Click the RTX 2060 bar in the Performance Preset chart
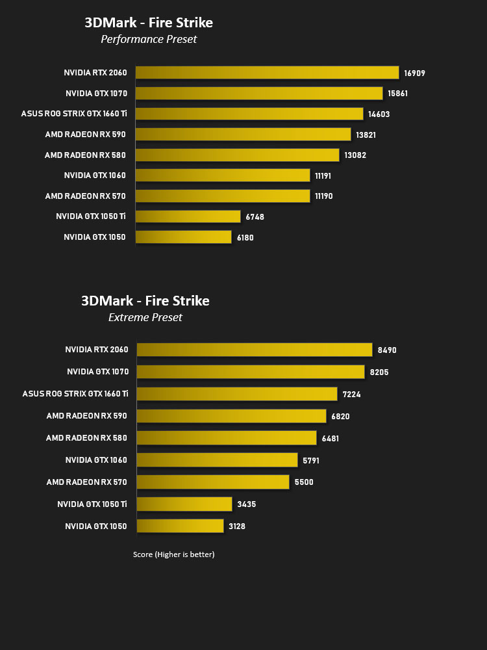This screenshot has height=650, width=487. pyautogui.click(x=267, y=73)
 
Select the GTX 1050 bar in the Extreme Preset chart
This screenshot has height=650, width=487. pyautogui.click(x=180, y=526)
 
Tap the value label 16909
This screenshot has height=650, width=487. pyautogui.click(x=414, y=73)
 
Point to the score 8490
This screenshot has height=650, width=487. pyautogui.click(x=387, y=350)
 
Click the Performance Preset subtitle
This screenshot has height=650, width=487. pyautogui.click(x=149, y=39)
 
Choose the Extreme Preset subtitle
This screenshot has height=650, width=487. pyautogui.click(x=145, y=317)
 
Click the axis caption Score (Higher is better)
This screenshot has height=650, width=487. pyautogui.click(x=173, y=554)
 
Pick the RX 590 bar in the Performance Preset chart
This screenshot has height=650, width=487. pyautogui.click(x=243, y=135)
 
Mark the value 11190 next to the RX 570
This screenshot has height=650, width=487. pyautogui.click(x=324, y=196)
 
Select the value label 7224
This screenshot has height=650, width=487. pyautogui.click(x=351, y=395)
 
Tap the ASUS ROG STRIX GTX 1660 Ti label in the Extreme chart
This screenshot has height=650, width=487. pyautogui.click(x=75, y=393)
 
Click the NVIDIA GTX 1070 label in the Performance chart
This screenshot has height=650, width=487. pyautogui.click(x=97, y=93)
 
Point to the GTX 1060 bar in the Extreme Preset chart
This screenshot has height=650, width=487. pyautogui.click(x=217, y=460)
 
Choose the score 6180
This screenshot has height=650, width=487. pyautogui.click(x=245, y=237)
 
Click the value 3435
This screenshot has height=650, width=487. pyautogui.click(x=246, y=504)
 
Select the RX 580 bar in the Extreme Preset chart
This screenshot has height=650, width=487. pyautogui.click(x=227, y=437)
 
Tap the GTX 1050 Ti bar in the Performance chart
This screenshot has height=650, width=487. pyautogui.click(x=188, y=216)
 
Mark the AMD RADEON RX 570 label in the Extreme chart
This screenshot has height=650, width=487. pyautogui.click(x=86, y=482)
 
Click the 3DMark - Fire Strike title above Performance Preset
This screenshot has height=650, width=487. pyautogui.click(x=149, y=22)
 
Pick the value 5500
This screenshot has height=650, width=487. pyautogui.click(x=304, y=482)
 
